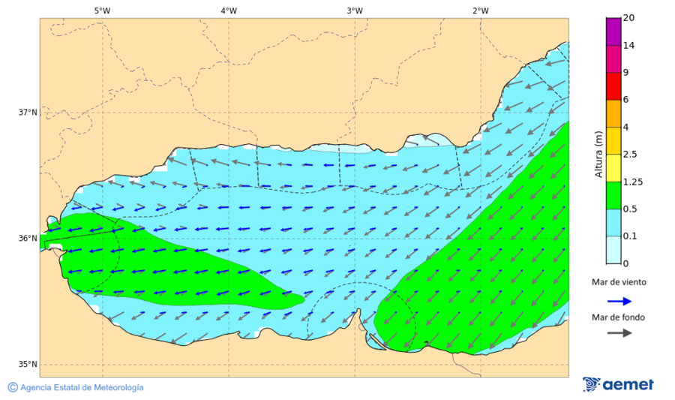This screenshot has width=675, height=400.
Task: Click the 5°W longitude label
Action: coord(102,11)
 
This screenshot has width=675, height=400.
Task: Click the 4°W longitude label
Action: coord(229,11)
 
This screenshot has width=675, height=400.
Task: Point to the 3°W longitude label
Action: coord(355,11)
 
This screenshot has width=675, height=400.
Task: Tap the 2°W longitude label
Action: coord(481,11)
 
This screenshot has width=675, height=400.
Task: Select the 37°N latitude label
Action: coord(28,113)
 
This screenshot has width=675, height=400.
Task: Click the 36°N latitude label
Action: coord(28,239)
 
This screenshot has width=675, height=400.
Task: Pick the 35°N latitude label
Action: coord(28,365)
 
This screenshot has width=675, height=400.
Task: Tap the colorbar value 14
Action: coord(629,46)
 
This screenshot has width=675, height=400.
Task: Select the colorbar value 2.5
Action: coord(631,155)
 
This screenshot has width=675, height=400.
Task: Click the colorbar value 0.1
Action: coord(631,236)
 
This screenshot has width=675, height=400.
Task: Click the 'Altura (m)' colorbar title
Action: coord(598,154)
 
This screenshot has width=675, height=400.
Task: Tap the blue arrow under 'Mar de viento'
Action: coord(618,299)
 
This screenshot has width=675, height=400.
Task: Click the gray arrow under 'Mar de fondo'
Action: coord(618,334)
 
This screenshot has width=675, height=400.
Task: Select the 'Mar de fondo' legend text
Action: coord(618,317)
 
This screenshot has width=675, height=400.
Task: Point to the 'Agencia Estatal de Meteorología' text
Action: coord(82,388)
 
